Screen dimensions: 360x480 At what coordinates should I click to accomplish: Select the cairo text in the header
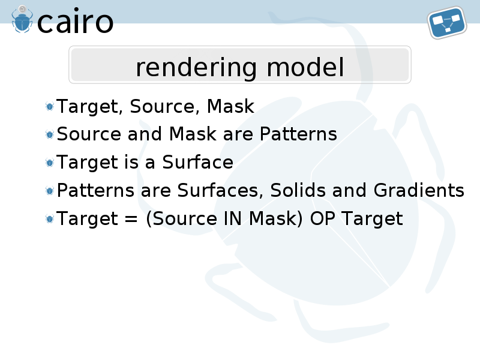[x=76, y=21]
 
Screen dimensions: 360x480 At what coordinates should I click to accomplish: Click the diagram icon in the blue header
[x=447, y=23]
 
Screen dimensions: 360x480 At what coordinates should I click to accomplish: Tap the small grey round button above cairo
[x=22, y=9]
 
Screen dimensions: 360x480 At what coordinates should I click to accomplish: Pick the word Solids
[x=297, y=190]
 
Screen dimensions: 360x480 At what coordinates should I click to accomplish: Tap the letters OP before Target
[x=321, y=219]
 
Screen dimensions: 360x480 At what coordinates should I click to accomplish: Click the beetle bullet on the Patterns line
[x=50, y=134]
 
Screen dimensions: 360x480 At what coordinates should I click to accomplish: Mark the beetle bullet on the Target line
[x=50, y=218]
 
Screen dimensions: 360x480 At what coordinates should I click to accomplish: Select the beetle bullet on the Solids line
[x=50, y=190]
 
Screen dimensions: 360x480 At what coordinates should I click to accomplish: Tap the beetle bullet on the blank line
[x=50, y=106]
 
